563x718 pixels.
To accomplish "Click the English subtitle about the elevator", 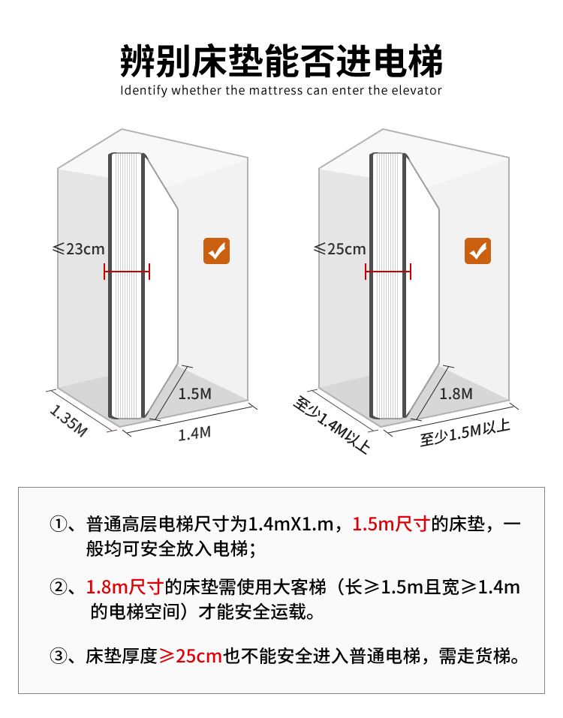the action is pyautogui.click(x=281, y=91).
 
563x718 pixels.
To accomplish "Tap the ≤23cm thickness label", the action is pyautogui.click(x=78, y=248).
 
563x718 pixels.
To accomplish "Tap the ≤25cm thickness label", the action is pyautogui.click(x=339, y=248).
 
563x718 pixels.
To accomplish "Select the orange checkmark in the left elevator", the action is pyautogui.click(x=216, y=251).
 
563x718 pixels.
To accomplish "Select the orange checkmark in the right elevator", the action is pyautogui.click(x=477, y=251).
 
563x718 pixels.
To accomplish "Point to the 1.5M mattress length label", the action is pyautogui.click(x=194, y=393).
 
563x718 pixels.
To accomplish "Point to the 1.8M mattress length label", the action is pyautogui.click(x=456, y=393).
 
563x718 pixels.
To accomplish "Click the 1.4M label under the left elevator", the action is pyautogui.click(x=194, y=433).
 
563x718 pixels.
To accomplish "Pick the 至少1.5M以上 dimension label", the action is pyautogui.click(x=465, y=433).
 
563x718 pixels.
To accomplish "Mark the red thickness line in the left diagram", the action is pyautogui.click(x=127, y=272).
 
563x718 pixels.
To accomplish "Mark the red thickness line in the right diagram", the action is pyautogui.click(x=388, y=272).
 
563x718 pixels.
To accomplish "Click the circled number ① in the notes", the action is pyautogui.click(x=59, y=524).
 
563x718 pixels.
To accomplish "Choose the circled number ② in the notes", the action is pyautogui.click(x=59, y=587).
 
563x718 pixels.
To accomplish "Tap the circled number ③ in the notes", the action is pyautogui.click(x=59, y=656).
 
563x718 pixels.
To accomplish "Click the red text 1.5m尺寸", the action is pyautogui.click(x=390, y=524).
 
